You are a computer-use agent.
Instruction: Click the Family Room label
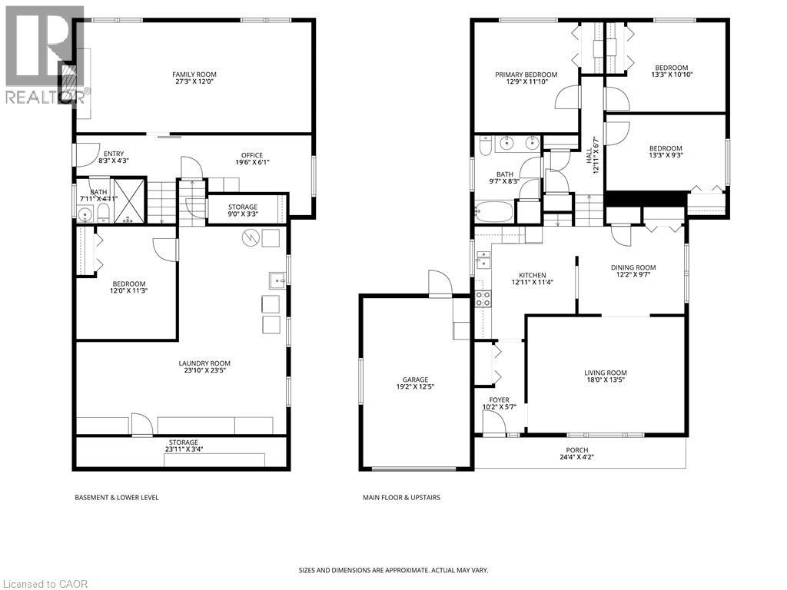[x=194, y=75]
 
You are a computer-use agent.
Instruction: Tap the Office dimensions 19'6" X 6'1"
[x=252, y=162]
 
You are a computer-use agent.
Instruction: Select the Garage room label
[x=415, y=380]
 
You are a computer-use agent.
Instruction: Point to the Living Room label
[x=606, y=373]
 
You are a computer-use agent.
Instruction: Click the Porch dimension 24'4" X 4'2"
[x=576, y=457]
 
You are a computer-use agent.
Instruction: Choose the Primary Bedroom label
[x=526, y=75]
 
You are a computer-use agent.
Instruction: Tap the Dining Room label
[x=633, y=267]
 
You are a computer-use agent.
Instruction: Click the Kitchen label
[x=532, y=275]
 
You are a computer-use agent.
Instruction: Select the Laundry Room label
[x=204, y=363]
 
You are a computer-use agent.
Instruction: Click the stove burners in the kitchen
[x=483, y=299]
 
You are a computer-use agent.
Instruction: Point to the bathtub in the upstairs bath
[x=494, y=212]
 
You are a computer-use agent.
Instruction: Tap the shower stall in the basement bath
[x=129, y=201]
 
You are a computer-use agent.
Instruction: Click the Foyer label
[x=499, y=399]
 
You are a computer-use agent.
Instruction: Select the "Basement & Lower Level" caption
[x=117, y=498]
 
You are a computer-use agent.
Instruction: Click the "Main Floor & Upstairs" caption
[x=401, y=498]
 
